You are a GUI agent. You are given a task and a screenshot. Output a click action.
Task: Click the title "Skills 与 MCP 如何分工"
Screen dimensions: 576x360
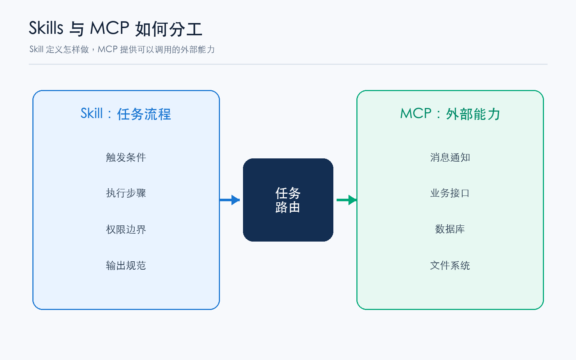coord(116,28)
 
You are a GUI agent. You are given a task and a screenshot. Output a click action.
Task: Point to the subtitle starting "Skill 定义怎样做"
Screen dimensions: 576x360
coord(122,49)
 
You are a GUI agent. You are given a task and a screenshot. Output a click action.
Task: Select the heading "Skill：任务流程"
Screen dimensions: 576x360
coord(126,114)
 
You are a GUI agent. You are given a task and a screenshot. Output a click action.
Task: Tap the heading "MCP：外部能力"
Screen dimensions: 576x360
coord(450,114)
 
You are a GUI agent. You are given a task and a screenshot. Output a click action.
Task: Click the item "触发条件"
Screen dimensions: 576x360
coord(126,157)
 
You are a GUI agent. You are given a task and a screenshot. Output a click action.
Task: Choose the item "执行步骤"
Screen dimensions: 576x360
coord(126,193)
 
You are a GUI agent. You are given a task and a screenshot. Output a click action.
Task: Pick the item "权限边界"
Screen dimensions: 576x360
coord(126,229)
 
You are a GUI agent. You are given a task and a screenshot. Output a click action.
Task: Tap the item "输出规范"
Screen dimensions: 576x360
coord(126,265)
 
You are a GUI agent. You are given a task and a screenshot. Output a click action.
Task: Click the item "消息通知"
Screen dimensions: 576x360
coord(450,157)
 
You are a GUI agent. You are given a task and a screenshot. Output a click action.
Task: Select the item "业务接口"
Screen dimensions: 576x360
coord(450,193)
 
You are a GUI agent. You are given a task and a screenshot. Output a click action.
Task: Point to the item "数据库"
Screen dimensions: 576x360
coord(450,229)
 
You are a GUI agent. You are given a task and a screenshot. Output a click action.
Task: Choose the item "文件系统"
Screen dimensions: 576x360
coord(450,265)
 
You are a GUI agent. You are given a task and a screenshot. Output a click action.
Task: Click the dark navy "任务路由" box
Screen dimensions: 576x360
coord(288,200)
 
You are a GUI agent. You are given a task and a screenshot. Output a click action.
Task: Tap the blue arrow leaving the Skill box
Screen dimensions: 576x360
coord(230,200)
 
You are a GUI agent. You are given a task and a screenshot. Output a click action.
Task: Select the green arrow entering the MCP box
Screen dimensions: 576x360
coord(347,200)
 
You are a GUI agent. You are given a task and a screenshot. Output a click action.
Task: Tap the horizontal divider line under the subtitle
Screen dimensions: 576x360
coord(288,64)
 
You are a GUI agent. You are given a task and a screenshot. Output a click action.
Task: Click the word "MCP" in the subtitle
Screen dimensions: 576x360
coord(108,49)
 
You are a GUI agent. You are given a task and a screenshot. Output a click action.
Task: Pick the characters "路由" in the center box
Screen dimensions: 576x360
coord(288,207)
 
